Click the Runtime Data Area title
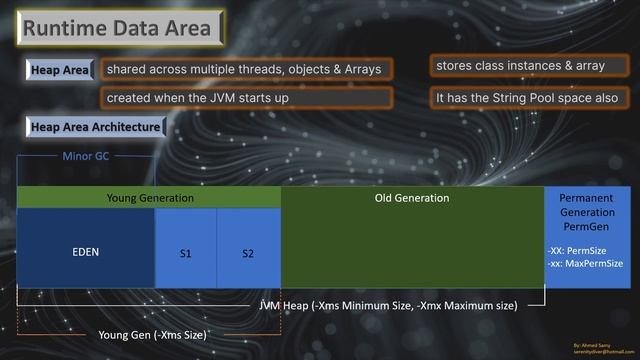pos(118,28)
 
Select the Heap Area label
pos(60,70)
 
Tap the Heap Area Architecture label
pos(95,128)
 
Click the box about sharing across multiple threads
pos(246,70)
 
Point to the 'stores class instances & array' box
pos(520,66)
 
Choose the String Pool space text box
pos(530,99)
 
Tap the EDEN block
pos(86,252)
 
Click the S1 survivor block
pos(186,254)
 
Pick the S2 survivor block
pos(248,254)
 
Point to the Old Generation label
pos(412,198)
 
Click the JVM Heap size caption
pos(388,305)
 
